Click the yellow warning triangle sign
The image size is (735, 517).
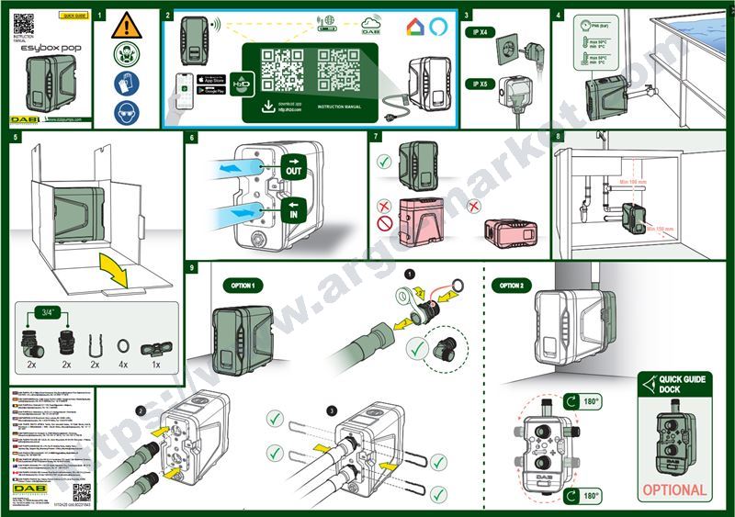click(x=122, y=27)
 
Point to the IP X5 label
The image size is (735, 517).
click(x=481, y=84)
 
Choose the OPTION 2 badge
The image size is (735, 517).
click(x=511, y=286)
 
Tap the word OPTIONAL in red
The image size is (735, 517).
click(x=674, y=489)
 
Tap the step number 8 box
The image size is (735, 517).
click(x=560, y=138)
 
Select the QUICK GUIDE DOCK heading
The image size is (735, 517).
click(x=680, y=384)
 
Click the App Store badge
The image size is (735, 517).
click(x=213, y=80)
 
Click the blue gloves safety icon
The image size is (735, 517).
click(x=122, y=85)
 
